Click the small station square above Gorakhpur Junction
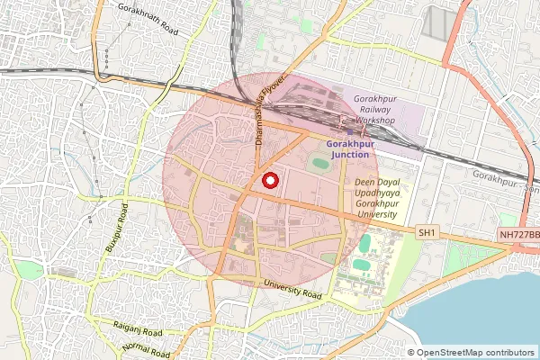[350, 132]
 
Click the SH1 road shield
[427, 233]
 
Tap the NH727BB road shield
[518, 234]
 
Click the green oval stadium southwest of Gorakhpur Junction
[319, 165]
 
